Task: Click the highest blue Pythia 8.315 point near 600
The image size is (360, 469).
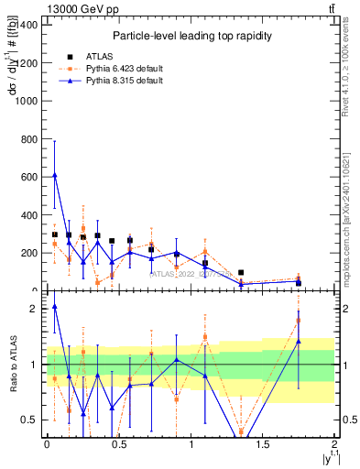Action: coord(55,174)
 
